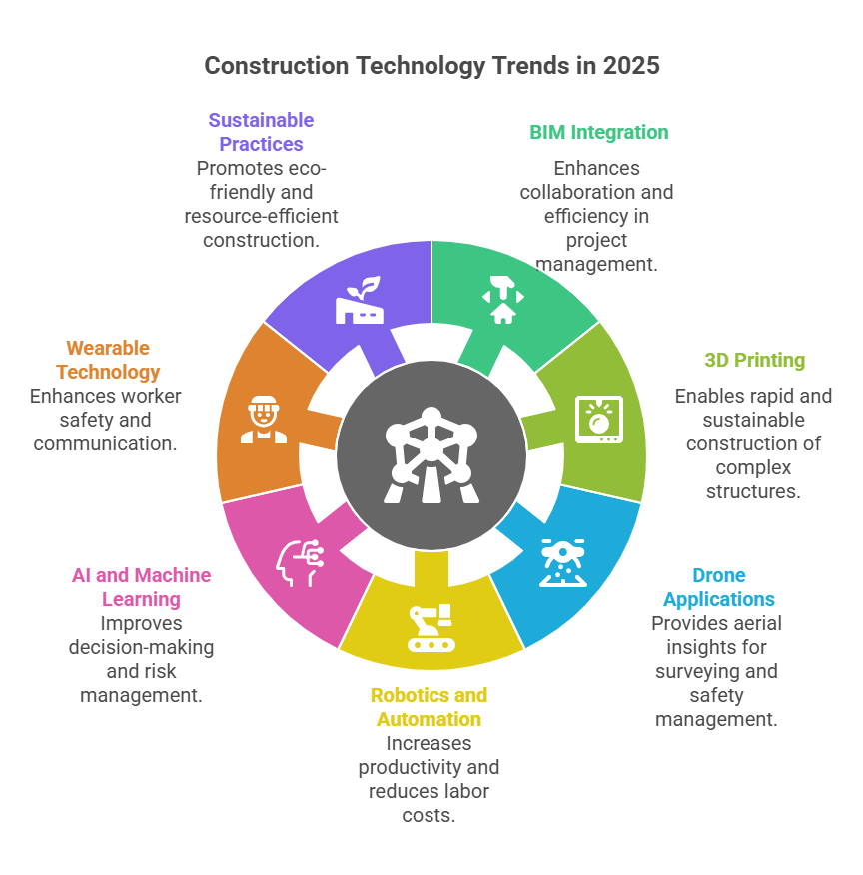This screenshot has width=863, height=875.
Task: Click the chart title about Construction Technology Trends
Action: point(431,66)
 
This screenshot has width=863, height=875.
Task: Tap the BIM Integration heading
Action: point(598,132)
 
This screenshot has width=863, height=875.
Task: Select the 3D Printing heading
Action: point(754,360)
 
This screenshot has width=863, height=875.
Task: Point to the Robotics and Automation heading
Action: point(429,707)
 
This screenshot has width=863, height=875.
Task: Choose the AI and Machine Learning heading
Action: point(141,587)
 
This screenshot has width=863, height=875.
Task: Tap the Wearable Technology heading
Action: point(108,360)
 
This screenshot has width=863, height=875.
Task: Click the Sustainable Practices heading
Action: point(261,132)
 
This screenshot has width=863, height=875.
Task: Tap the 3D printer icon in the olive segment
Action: point(598,419)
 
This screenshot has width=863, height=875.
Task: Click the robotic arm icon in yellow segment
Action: point(431,628)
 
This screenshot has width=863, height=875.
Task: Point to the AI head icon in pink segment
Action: point(299,562)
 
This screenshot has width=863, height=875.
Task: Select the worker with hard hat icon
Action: point(263,421)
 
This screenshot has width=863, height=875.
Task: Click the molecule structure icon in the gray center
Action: point(431,454)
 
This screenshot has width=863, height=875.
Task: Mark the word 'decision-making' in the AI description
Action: point(141,647)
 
